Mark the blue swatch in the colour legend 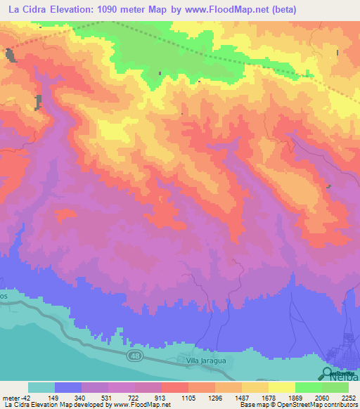click(68, 387)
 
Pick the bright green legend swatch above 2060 click(309, 387)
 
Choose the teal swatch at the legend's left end click(41, 387)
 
